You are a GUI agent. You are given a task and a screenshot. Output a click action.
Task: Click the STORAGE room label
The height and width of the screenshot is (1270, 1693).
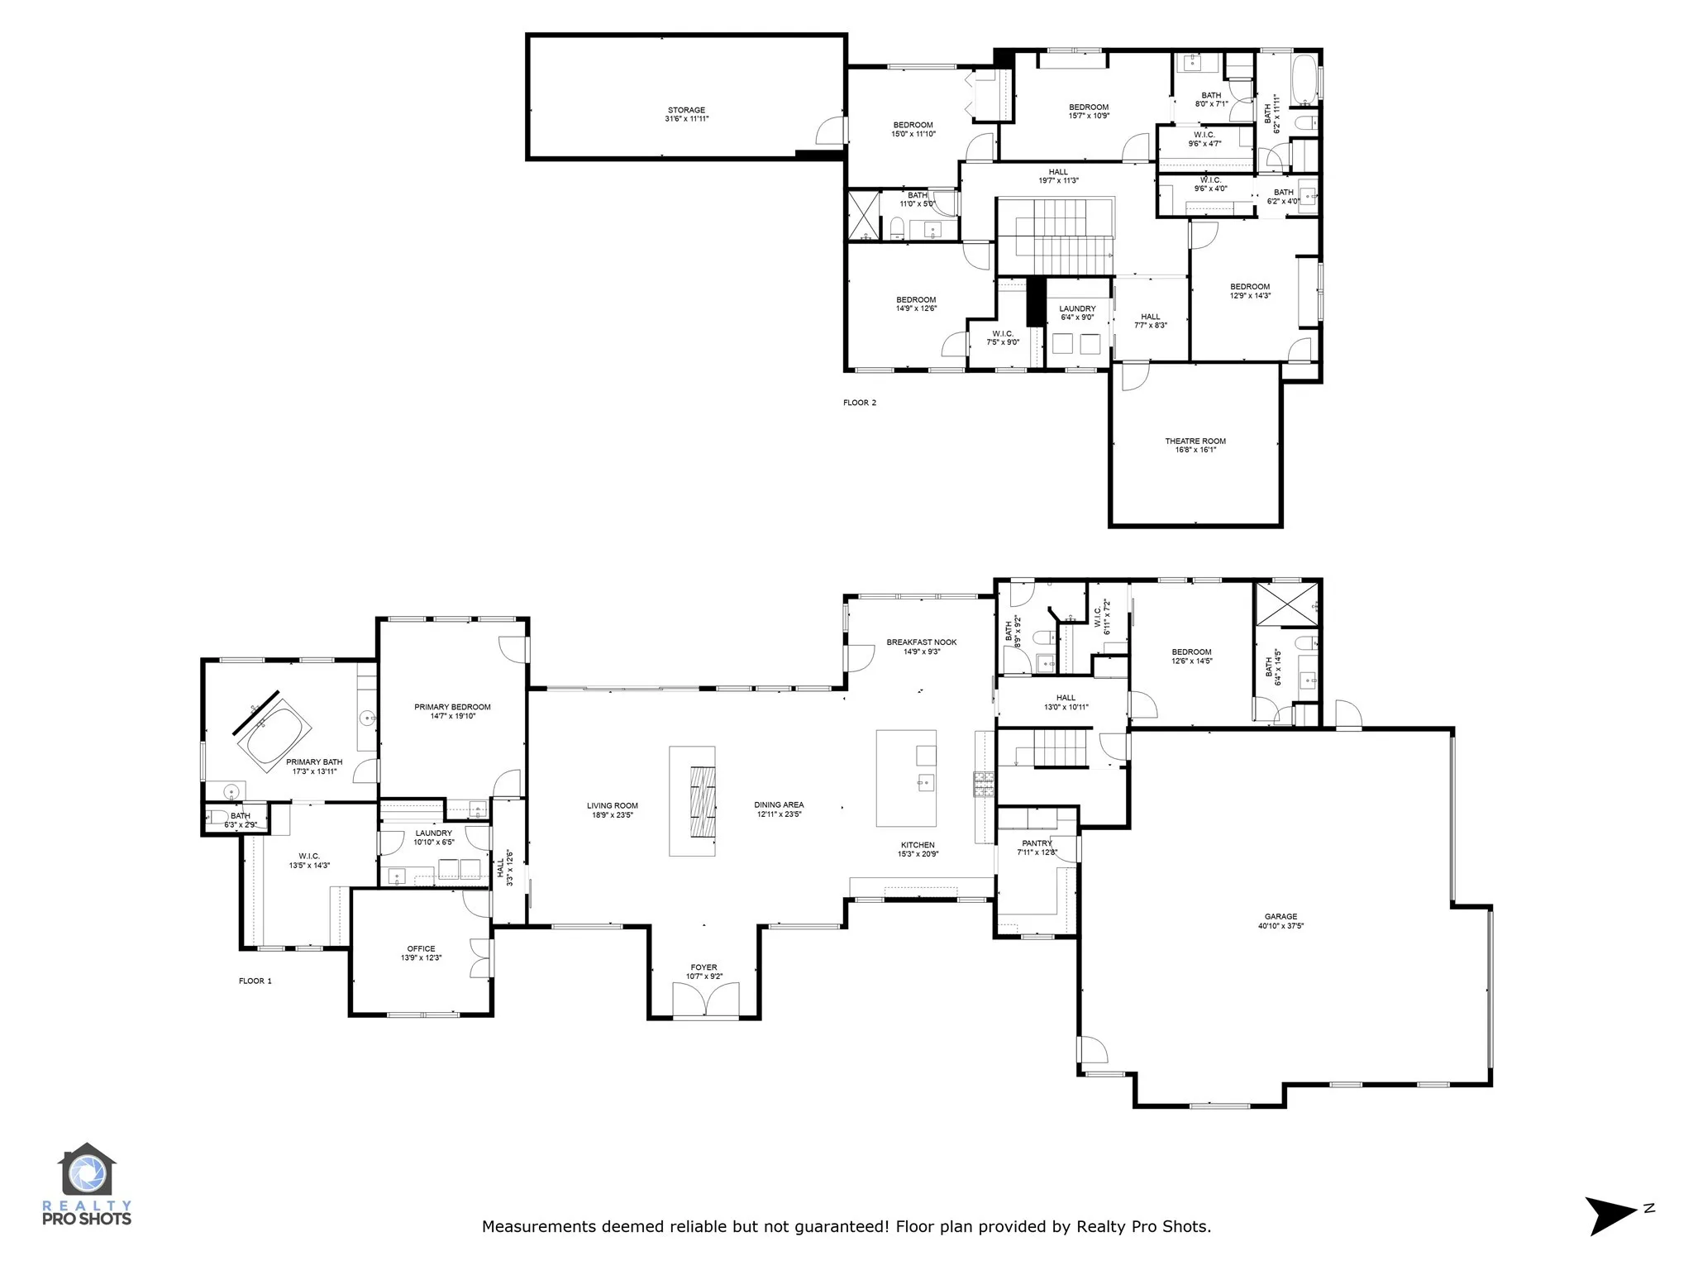[x=686, y=110]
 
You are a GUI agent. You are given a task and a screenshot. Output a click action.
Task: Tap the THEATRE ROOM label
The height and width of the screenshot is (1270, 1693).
[x=1195, y=442]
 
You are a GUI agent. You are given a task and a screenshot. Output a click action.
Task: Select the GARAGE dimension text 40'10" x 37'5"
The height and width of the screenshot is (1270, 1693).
[x=1280, y=926]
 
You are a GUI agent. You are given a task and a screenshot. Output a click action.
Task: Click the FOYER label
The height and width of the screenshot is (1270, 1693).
[x=703, y=967]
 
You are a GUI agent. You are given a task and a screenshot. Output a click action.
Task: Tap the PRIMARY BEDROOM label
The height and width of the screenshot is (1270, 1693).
[x=452, y=707]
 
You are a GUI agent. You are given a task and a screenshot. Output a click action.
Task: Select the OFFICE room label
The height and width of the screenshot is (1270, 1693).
[x=421, y=949]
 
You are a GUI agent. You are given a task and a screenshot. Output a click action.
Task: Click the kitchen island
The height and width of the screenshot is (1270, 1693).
[x=906, y=777]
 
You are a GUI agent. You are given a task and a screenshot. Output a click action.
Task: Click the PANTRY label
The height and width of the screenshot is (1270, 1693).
[x=1037, y=843]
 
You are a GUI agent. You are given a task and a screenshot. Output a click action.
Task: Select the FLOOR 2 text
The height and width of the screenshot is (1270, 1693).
[x=860, y=403]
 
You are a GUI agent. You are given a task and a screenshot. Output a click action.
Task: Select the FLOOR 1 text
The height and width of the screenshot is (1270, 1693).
[x=255, y=981]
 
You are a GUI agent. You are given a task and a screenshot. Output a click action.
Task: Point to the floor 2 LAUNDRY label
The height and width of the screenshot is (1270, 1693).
[x=1077, y=308]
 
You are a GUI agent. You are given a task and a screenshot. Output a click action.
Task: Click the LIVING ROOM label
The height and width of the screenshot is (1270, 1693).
[x=613, y=805]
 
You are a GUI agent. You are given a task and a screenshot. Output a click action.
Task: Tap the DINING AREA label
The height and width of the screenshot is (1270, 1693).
[x=779, y=804]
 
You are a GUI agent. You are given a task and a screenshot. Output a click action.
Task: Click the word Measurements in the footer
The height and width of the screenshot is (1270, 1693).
[x=540, y=1226]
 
